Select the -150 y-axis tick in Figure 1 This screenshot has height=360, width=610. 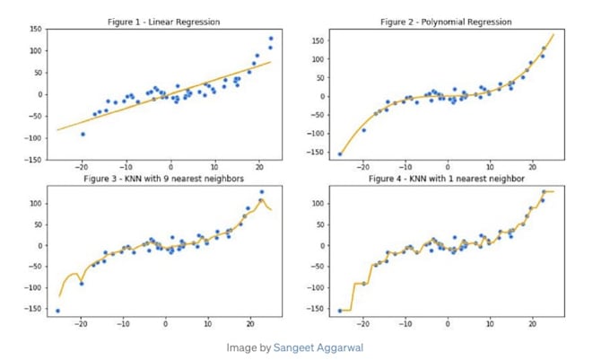34,160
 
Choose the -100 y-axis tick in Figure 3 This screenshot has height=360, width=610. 34,288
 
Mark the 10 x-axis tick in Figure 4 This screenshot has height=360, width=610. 490,323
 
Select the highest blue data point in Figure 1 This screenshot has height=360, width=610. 271,39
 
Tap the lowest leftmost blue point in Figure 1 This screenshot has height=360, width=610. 83,134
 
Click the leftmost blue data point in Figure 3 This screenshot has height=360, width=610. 58,311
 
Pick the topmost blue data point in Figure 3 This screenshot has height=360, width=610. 262,192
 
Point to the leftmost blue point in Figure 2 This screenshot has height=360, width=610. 340,154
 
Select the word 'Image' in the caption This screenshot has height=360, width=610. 240,347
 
